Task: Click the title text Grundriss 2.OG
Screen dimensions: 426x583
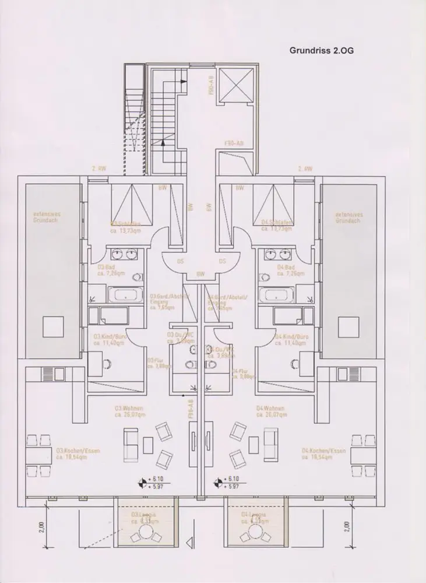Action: coord(322,50)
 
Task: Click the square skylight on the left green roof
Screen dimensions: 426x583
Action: coord(51,326)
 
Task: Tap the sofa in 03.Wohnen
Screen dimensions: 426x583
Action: coord(129,441)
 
